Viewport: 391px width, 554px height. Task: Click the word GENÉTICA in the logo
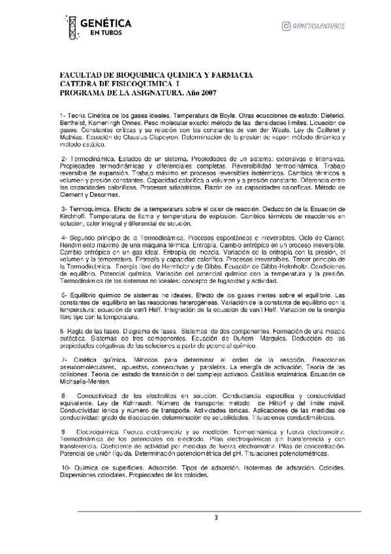click(x=105, y=23)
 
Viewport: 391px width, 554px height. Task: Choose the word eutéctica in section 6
click(x=72, y=340)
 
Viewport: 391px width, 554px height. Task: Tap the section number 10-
click(x=66, y=468)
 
